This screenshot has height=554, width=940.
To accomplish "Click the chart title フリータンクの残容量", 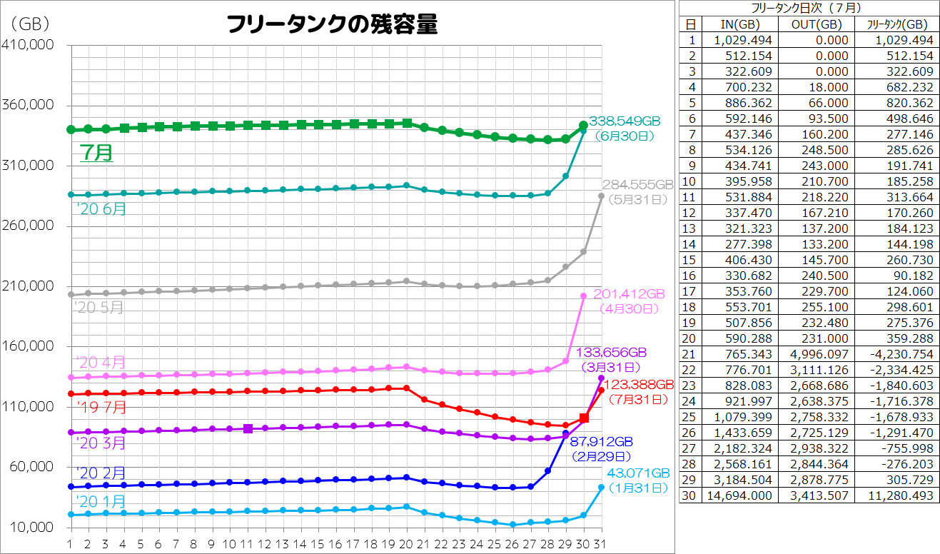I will [x=331, y=25].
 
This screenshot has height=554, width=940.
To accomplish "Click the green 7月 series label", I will [x=96, y=153].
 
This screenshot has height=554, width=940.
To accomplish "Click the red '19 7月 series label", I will [x=101, y=408].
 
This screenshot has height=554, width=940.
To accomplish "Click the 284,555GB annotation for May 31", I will [x=638, y=184].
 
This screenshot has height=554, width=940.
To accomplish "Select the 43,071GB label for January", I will [x=638, y=473].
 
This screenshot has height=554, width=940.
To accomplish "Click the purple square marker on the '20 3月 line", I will [x=248, y=428].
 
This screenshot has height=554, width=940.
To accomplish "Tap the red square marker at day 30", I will [x=584, y=418].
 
